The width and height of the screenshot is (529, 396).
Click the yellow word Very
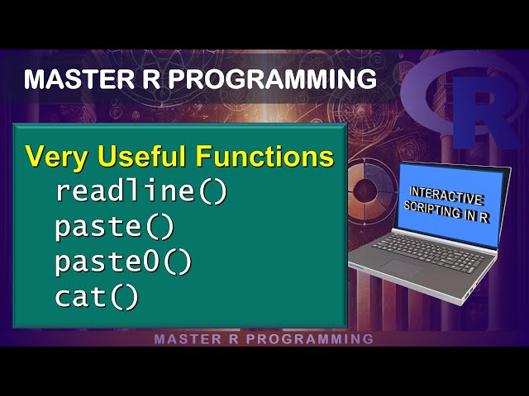[x=55, y=156]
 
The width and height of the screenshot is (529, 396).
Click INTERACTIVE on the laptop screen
[x=446, y=196]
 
